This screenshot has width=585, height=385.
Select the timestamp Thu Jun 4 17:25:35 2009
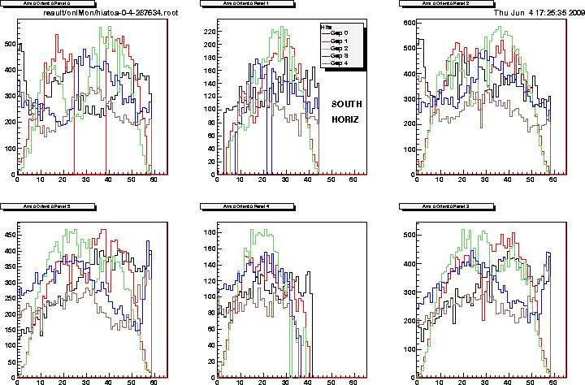(x=538, y=13)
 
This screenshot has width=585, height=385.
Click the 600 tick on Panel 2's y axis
(x=405, y=21)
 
